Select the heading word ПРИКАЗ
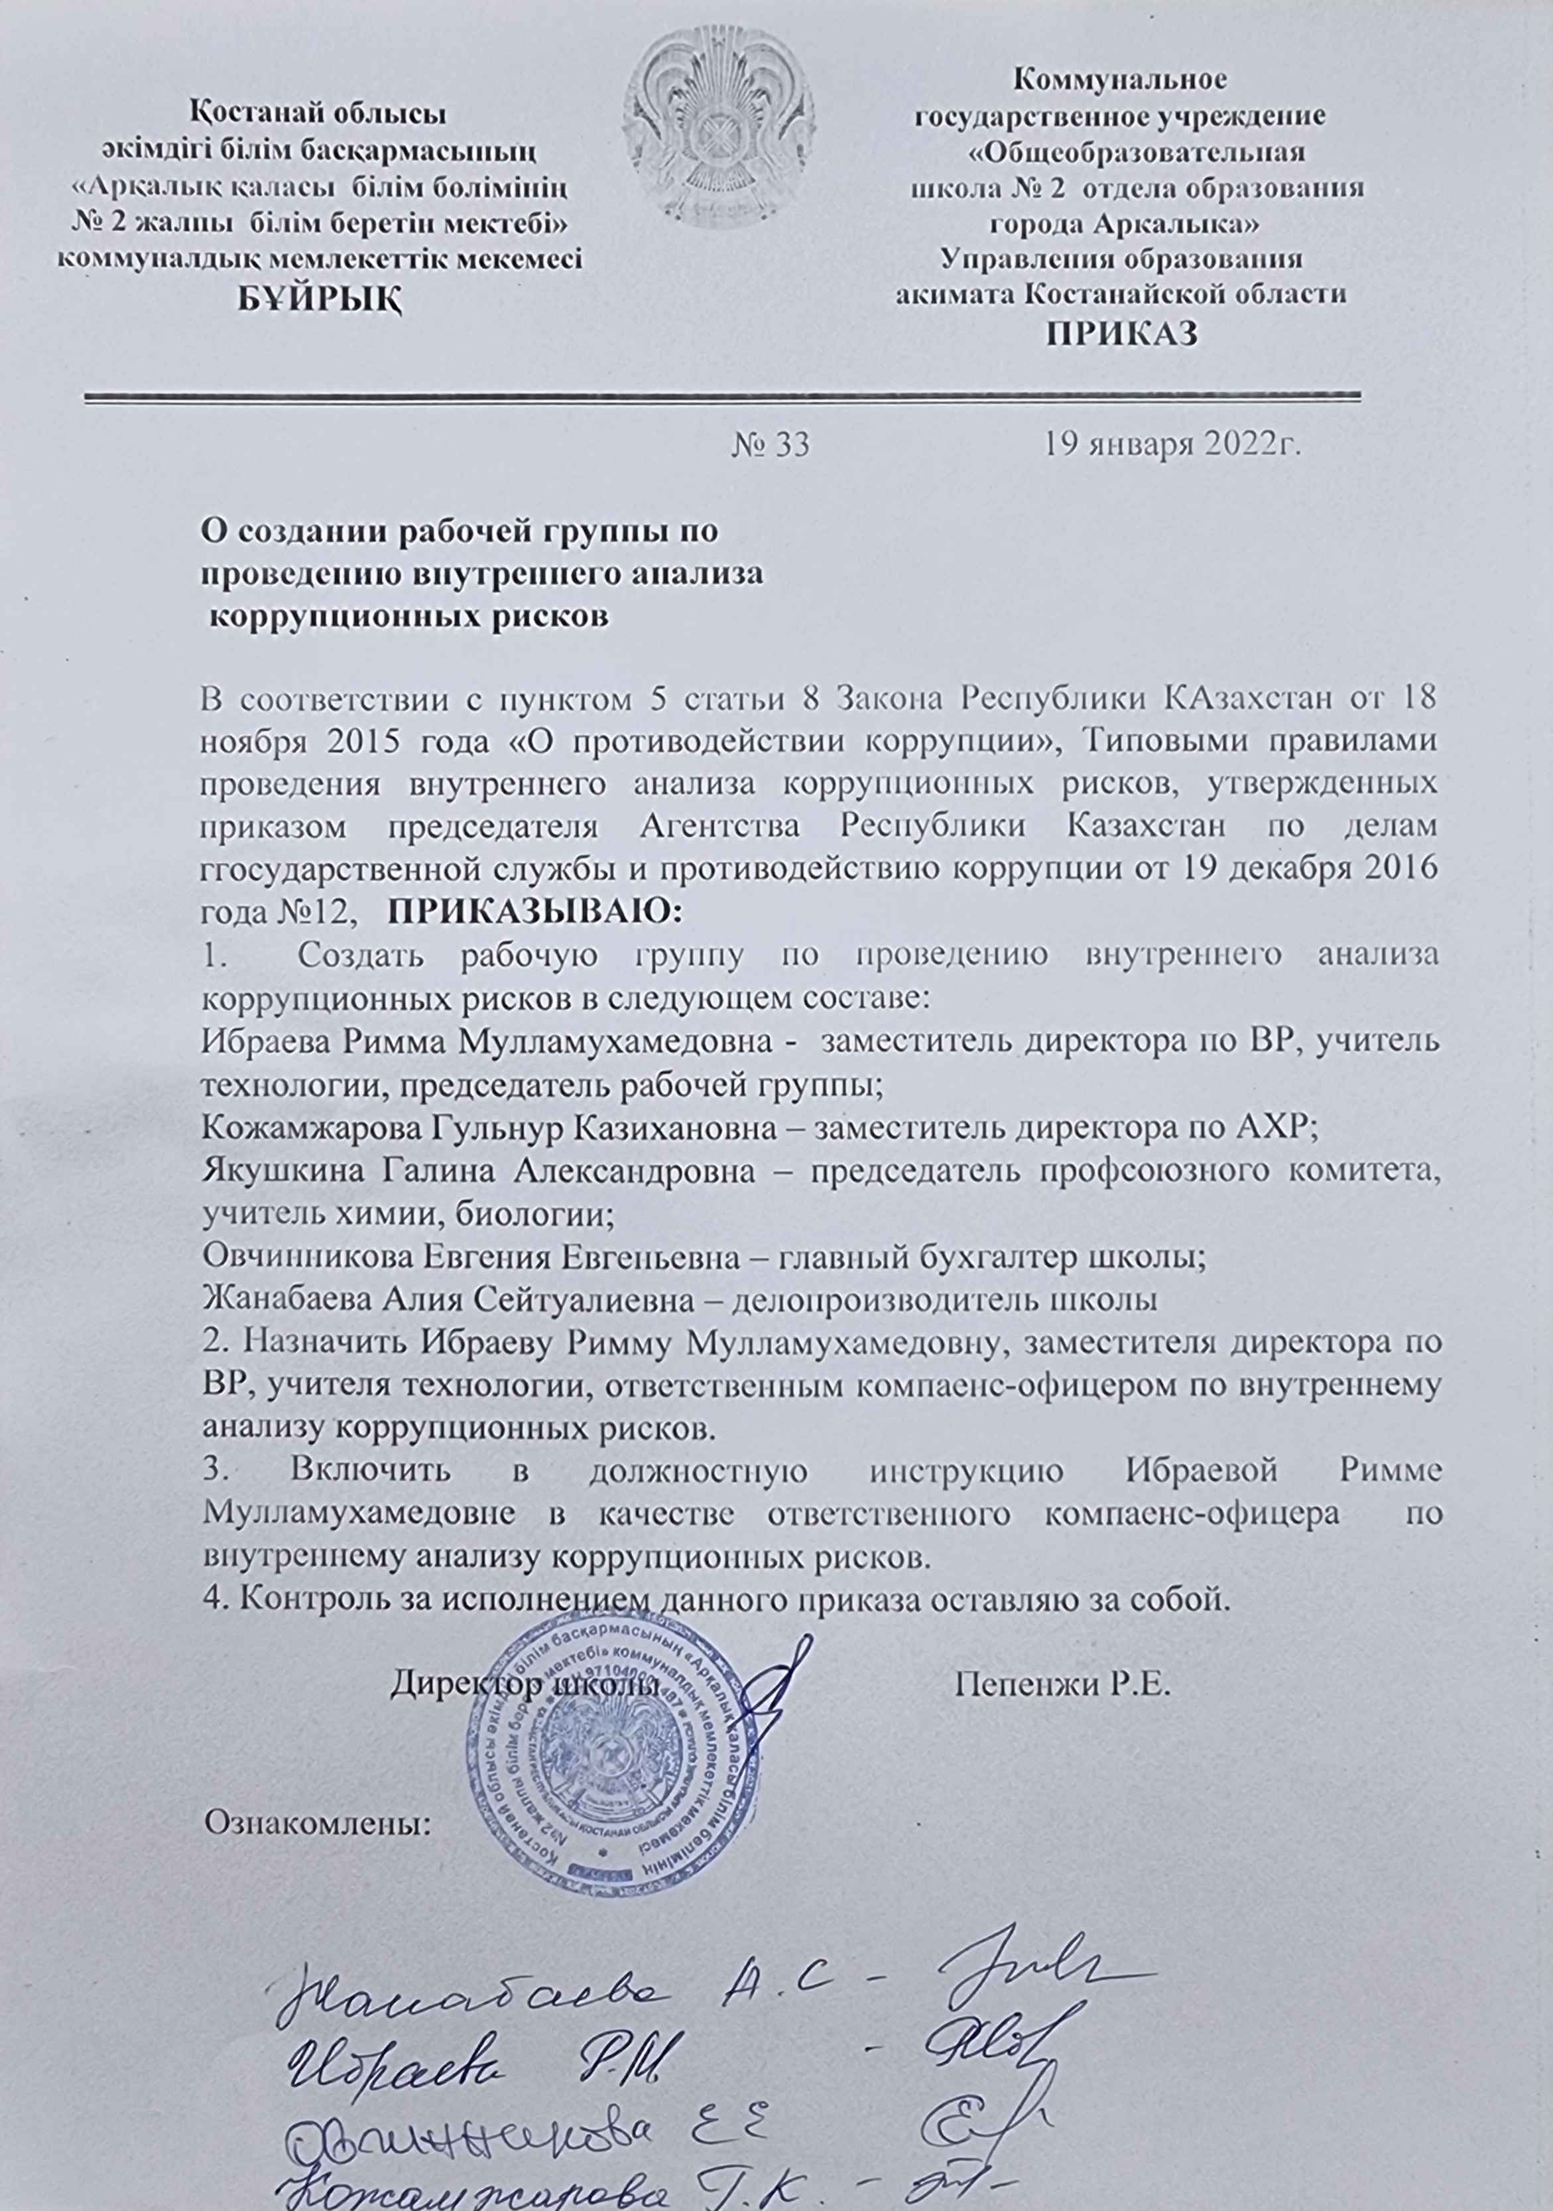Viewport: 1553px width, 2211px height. pyautogui.click(x=1122, y=335)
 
